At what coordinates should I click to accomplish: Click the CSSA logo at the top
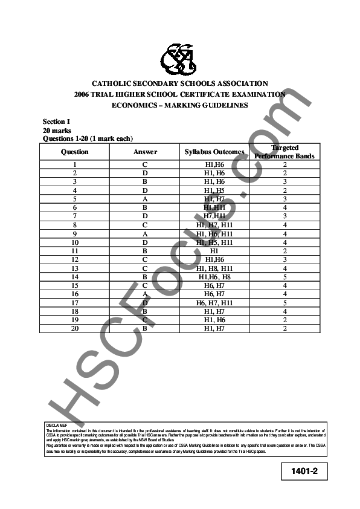coord(179,59)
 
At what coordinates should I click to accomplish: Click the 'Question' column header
coord(74,152)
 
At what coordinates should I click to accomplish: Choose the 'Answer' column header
coord(145,152)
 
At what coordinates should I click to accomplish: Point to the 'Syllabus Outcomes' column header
coord(214,152)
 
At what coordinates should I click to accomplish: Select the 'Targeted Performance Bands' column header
coord(284,152)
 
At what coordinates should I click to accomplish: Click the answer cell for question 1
coord(145,164)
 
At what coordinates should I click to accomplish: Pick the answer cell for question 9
coord(145,233)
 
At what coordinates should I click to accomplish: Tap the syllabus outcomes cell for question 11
coord(214,250)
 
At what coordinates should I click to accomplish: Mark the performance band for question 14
coord(284,276)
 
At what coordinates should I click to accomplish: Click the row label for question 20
coord(74,328)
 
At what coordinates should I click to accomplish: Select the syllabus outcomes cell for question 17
coord(214,302)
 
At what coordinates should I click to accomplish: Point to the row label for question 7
coord(74,216)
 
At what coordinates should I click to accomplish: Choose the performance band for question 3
coord(284,181)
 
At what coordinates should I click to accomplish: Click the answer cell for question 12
coord(145,259)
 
